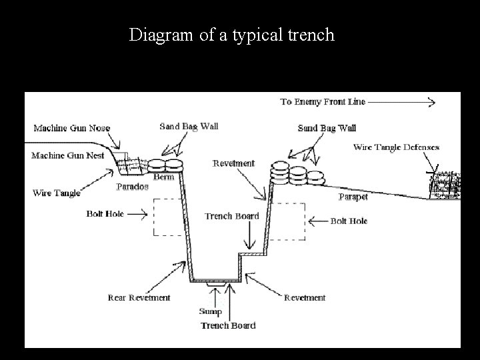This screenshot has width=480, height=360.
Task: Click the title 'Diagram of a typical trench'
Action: [231, 35]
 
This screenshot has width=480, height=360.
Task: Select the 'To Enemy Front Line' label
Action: [322, 102]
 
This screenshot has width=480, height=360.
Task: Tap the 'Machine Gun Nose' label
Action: [72, 128]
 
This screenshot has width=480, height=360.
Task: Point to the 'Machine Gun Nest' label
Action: [68, 156]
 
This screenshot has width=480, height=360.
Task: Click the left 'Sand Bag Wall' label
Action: [189, 126]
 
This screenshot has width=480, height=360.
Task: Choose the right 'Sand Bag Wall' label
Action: [327, 128]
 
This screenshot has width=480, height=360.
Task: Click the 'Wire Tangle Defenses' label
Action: [396, 147]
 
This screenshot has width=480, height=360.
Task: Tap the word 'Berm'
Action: [164, 177]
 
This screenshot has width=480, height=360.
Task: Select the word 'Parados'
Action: [132, 187]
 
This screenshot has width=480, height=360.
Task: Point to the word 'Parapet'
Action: [353, 197]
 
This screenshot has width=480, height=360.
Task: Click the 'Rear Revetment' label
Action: [139, 298]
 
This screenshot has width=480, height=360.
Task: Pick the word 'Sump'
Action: [211, 312]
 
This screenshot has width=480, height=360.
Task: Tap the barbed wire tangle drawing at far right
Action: [443, 184]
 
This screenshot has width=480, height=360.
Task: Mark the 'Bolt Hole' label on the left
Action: [105, 214]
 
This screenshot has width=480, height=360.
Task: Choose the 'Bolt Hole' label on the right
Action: [349, 221]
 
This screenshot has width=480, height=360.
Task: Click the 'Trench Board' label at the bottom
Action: [228, 325]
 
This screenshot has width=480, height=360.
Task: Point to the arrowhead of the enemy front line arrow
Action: [431, 103]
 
